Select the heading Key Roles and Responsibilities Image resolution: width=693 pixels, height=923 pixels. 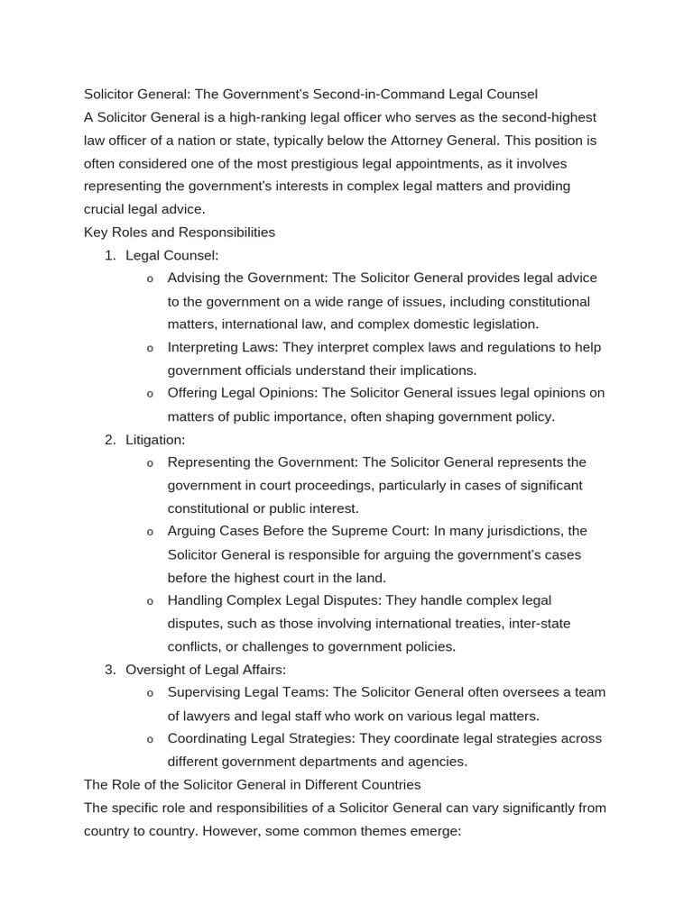click(180, 233)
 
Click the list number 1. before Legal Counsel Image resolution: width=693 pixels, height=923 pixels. click(110, 256)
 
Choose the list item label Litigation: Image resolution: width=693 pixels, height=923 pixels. click(155, 440)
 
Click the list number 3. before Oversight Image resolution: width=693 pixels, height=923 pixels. click(110, 670)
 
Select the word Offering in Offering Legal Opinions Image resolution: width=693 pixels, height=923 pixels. click(193, 393)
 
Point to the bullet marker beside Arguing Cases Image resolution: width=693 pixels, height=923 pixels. click(150, 532)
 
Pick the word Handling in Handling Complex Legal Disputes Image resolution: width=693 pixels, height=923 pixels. click(195, 600)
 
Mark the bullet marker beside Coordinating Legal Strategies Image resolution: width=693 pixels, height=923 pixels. click(150, 739)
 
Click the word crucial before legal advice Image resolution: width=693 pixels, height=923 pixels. click(106, 209)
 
